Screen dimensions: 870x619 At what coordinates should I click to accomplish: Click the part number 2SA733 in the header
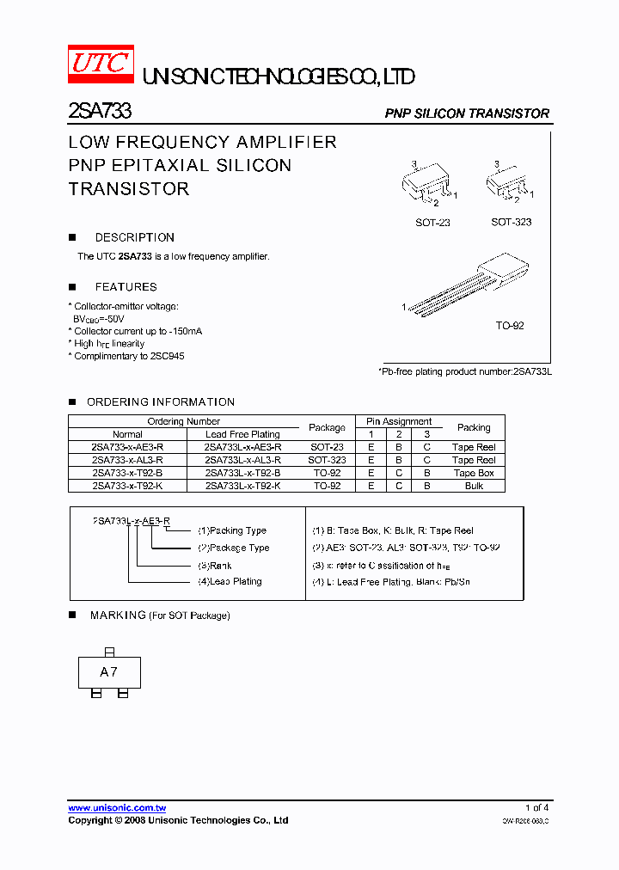99,112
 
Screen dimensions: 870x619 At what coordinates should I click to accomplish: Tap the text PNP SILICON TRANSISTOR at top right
466,113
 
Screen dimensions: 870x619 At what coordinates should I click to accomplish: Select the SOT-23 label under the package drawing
432,223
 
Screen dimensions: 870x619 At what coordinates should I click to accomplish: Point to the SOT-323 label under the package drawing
511,222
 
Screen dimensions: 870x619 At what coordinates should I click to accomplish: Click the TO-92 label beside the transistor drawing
509,326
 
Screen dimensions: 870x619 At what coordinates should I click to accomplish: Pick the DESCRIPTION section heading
134,237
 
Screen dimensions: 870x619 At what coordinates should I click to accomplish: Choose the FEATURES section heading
126,287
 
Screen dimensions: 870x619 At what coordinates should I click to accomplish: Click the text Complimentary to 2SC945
129,356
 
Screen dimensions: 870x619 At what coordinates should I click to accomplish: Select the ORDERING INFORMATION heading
160,401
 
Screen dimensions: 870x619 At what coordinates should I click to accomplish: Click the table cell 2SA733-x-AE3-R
127,447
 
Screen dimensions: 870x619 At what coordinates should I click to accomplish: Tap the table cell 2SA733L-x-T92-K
242,486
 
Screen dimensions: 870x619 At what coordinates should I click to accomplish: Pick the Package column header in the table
327,427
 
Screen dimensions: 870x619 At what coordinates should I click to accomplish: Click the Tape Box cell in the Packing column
474,473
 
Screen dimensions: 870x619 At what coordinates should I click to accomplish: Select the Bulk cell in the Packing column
474,486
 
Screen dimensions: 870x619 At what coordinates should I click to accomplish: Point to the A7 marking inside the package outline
108,672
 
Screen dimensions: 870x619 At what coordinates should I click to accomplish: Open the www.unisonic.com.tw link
117,808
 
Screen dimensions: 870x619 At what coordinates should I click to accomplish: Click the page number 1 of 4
536,807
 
